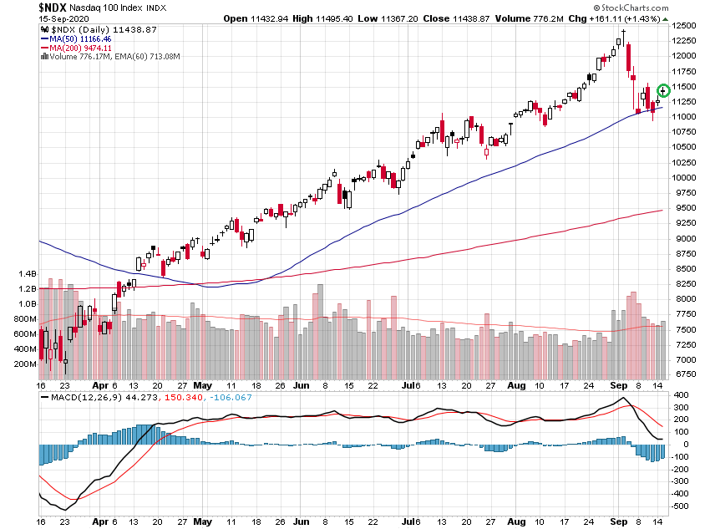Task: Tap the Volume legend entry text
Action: coord(114,57)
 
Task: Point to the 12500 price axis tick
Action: coord(686,26)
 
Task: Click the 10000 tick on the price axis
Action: coord(686,177)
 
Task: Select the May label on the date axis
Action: coord(202,386)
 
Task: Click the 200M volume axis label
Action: coord(26,364)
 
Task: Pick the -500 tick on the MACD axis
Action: coord(682,506)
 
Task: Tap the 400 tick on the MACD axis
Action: coord(681,395)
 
